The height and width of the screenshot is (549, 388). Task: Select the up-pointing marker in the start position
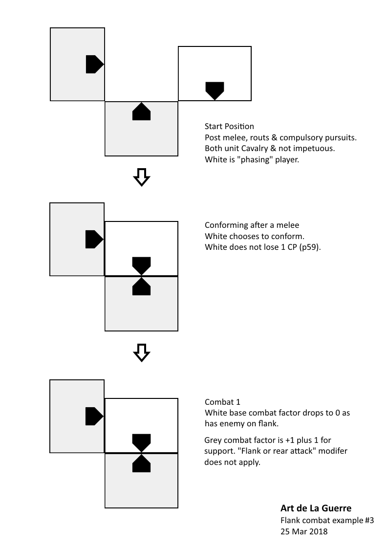click(x=141, y=112)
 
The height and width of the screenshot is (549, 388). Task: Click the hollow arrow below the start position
click(x=141, y=177)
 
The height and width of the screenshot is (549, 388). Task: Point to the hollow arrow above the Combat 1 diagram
click(x=141, y=352)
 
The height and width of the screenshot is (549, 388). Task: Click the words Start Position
click(x=229, y=127)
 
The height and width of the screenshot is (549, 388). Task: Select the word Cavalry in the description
click(x=257, y=149)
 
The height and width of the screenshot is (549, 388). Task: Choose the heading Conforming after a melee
click(x=252, y=225)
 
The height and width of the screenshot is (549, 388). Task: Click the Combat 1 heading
click(x=222, y=402)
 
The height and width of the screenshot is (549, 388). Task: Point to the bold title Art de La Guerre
click(x=316, y=508)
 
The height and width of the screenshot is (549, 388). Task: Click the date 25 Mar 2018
click(x=304, y=531)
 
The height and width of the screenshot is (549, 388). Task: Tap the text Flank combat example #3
click(x=327, y=520)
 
